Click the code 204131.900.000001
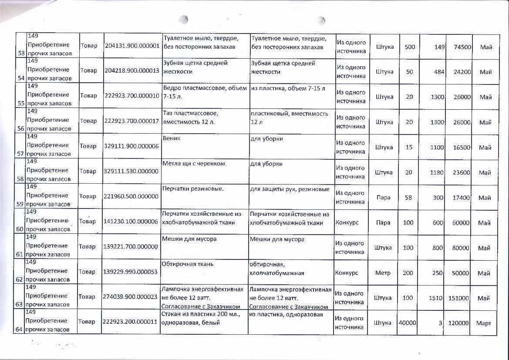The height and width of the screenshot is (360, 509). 132,46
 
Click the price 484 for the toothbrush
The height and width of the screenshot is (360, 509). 438,71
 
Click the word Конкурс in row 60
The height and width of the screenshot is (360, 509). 347,222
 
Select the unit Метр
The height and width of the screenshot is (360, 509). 383,273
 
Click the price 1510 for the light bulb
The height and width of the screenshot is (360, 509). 436,298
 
